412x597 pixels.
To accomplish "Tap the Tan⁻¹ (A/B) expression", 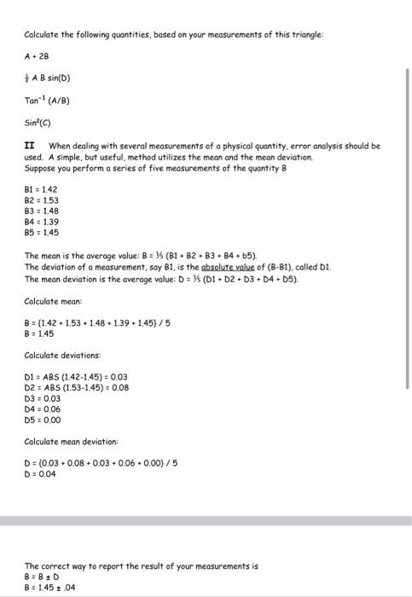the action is (46, 100).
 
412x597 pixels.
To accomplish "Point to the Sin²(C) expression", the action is (37, 122).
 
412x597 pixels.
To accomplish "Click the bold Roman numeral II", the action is (29, 146).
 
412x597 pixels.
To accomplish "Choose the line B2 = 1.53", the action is (41, 200).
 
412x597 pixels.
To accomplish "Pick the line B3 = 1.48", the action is (41, 212).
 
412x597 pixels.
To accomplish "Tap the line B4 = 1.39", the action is (41, 222).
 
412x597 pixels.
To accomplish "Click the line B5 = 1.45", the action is (41, 232).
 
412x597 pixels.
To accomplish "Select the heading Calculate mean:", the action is (53, 300).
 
